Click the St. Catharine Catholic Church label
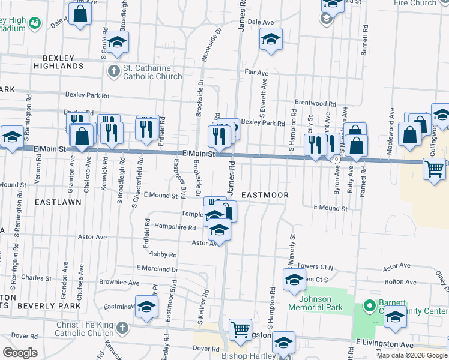coord(152,73)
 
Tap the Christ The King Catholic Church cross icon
coord(122,328)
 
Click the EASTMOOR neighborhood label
coord(265,196)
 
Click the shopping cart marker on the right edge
coord(434,169)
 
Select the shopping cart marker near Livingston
coord(240,329)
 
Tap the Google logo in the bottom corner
coord(20,353)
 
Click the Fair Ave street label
coord(256,73)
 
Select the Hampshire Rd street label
coord(175,227)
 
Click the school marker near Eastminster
coord(146,307)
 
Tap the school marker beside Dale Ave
coord(271,40)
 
